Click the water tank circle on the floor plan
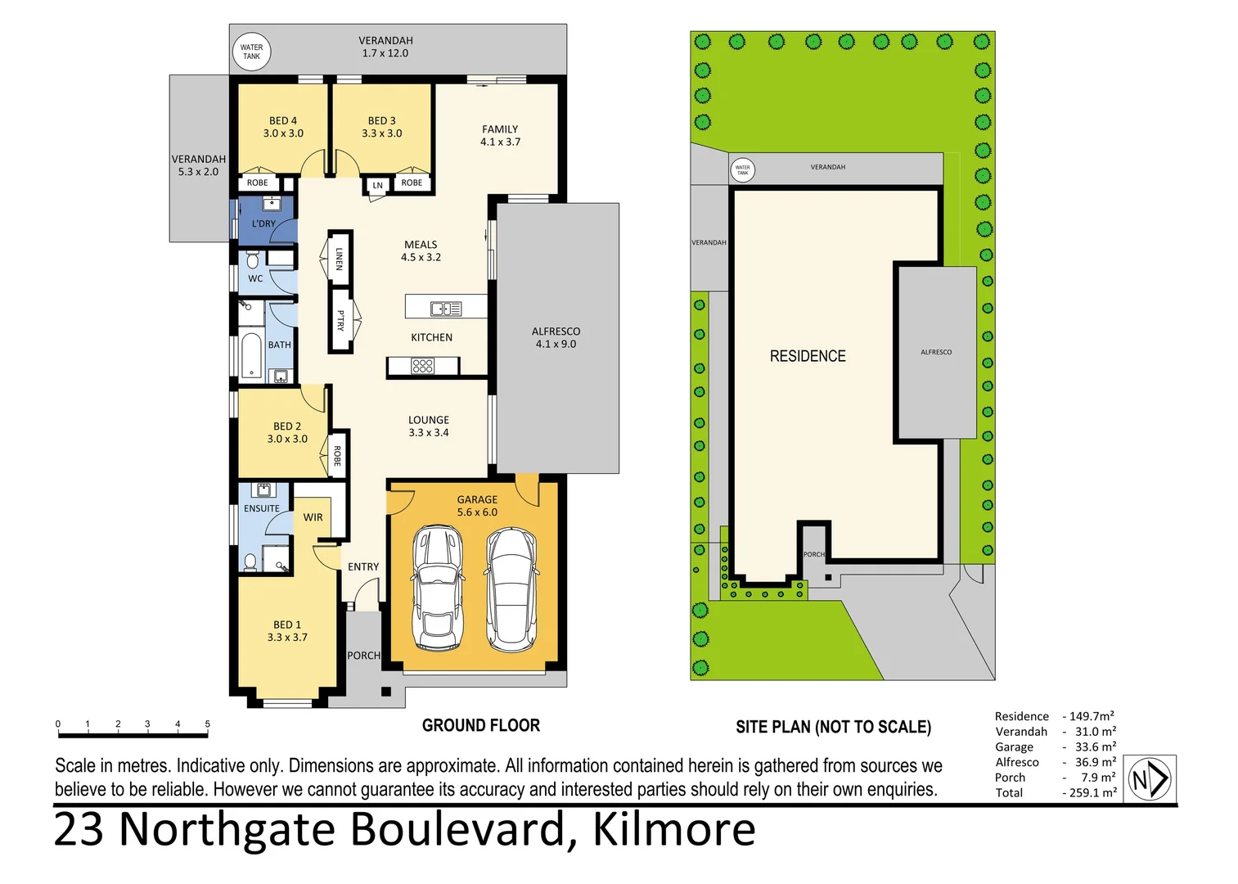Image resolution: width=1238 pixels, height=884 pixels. click(251, 52)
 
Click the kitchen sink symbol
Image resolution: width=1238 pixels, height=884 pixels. click(446, 309)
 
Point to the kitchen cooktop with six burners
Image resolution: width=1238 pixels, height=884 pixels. click(422, 366)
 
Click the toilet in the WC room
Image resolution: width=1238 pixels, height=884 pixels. click(253, 261)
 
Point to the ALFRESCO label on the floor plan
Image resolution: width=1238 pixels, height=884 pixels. click(556, 331)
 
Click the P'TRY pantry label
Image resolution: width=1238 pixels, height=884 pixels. click(340, 320)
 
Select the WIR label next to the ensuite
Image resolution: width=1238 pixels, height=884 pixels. click(313, 517)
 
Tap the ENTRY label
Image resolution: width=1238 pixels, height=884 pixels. click(363, 566)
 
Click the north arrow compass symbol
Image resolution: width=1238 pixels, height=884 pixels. click(1150, 779)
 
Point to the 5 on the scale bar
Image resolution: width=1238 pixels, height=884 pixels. click(207, 724)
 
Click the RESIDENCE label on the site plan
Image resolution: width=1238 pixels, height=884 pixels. click(808, 356)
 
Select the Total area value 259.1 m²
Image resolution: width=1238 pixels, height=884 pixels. click(1092, 792)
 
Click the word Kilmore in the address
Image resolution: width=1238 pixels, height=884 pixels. click(673, 829)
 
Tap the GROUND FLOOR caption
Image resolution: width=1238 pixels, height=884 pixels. click(481, 725)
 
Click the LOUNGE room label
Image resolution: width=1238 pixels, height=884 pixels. click(429, 420)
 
